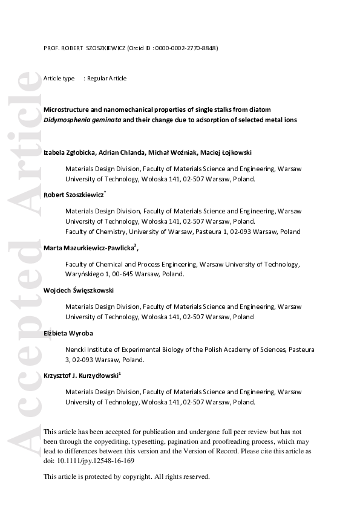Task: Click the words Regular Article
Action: pyautogui.click(x=107, y=79)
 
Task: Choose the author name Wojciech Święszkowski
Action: pyautogui.click(x=79, y=290)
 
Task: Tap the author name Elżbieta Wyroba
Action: pyautogui.click(x=68, y=332)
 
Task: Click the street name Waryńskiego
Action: pyautogui.click(x=85, y=274)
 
